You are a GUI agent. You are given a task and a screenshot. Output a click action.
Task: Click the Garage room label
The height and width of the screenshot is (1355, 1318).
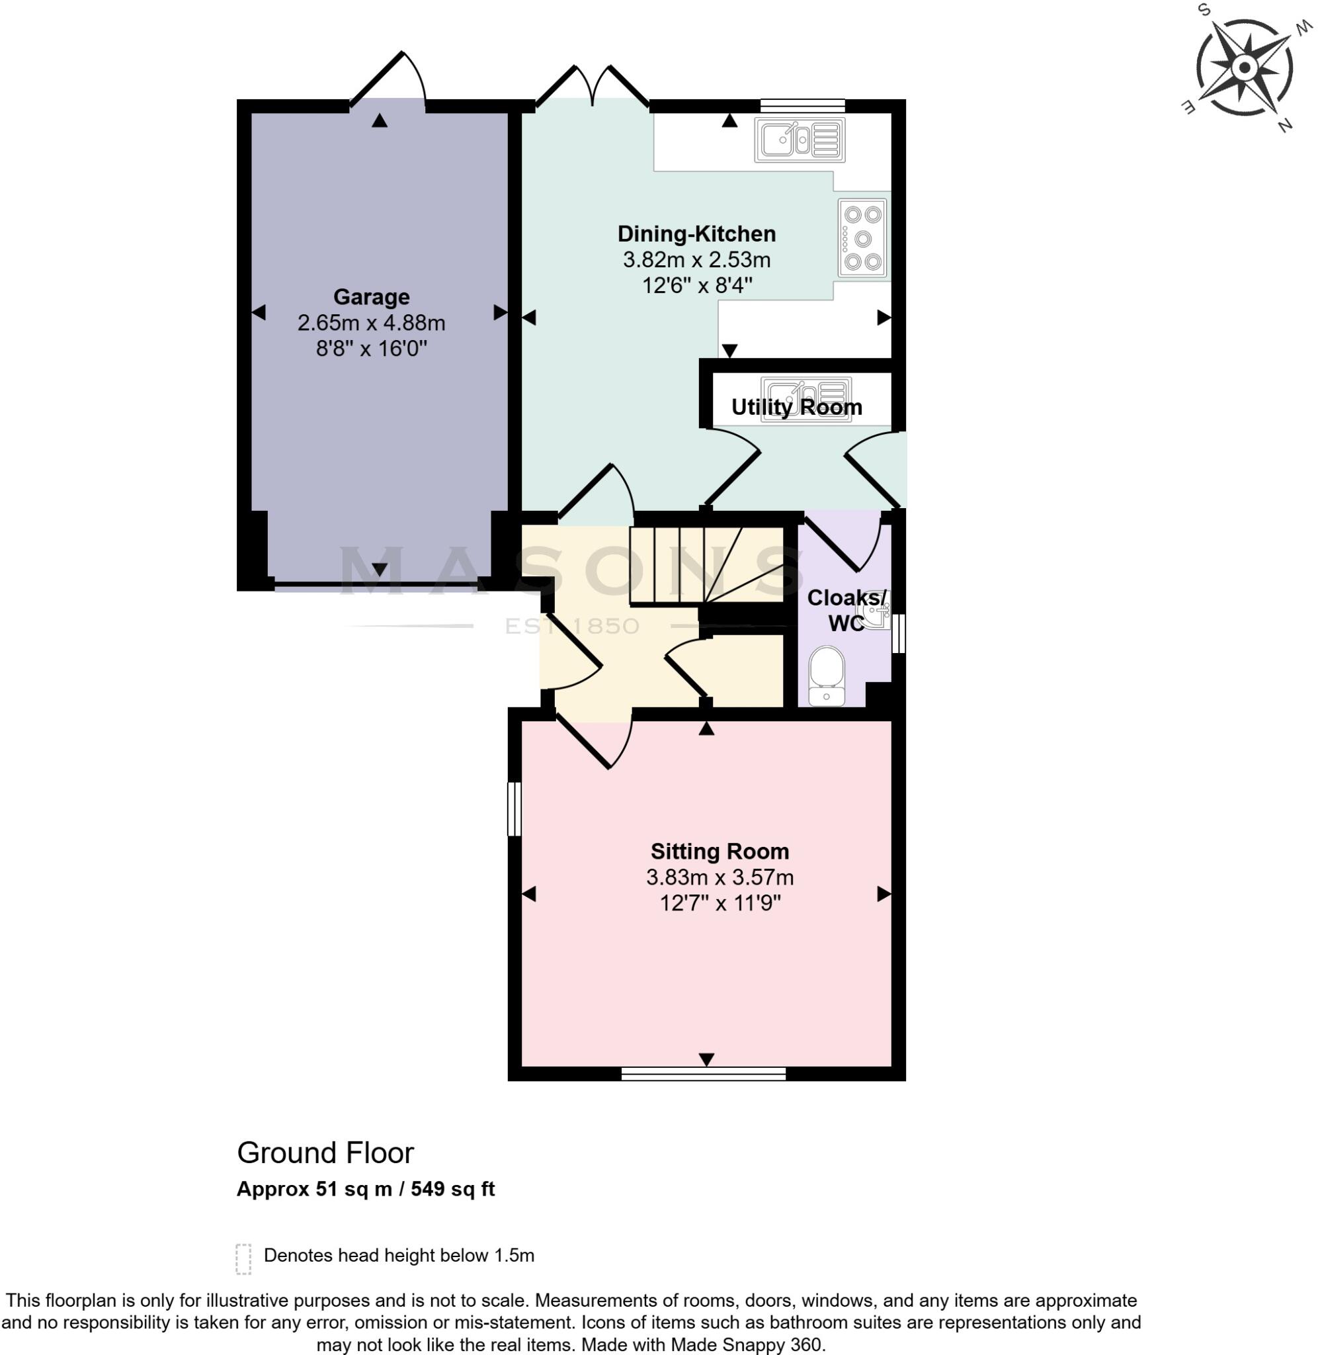tap(371, 297)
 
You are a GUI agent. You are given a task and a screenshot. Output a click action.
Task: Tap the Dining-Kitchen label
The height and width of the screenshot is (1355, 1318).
tap(696, 234)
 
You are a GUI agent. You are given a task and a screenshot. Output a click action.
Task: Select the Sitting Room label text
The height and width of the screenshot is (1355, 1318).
tap(720, 851)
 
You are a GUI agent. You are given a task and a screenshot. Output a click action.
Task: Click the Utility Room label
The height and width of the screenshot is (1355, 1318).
tap(797, 407)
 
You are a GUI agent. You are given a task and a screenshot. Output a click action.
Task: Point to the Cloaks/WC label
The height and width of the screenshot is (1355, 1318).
tap(847, 610)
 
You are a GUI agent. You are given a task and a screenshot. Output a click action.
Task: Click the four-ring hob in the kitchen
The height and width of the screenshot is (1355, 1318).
tap(862, 239)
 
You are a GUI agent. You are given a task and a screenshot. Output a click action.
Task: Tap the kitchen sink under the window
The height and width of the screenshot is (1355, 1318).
tap(800, 140)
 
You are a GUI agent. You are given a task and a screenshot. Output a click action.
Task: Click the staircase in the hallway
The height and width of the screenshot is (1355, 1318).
tap(707, 565)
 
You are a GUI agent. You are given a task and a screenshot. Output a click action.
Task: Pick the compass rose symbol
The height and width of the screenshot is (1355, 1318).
tap(1244, 68)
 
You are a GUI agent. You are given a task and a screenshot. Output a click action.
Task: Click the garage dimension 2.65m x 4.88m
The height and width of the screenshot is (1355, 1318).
tap(371, 324)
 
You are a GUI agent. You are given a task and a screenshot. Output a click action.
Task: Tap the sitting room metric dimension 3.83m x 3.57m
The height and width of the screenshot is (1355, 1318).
tap(720, 877)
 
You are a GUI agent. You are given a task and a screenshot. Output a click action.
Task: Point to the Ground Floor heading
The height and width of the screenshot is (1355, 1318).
tap(325, 1153)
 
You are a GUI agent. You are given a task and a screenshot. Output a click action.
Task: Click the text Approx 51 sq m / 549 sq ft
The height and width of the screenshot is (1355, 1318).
tap(366, 1189)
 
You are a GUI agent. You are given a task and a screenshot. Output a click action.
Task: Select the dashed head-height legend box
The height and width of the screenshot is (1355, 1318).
tap(243, 1260)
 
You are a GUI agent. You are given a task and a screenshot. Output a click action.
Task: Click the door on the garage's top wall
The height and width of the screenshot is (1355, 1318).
tap(388, 78)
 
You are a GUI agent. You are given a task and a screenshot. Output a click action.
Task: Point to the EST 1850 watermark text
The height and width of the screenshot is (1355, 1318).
tap(572, 627)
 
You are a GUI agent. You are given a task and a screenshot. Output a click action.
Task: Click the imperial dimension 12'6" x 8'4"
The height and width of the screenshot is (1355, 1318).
tap(696, 285)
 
